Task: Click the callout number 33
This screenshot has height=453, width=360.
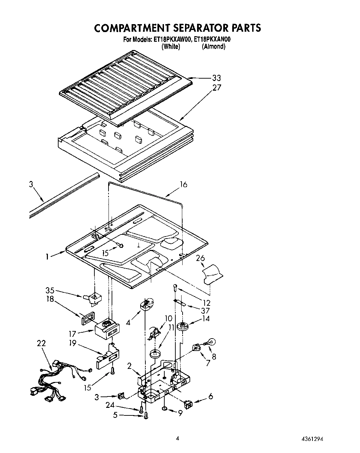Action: (216, 78)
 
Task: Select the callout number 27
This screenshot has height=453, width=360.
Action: (216, 88)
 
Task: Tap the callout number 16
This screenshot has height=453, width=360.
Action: (184, 185)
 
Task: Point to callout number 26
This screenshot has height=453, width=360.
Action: (200, 258)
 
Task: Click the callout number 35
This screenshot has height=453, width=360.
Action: (50, 290)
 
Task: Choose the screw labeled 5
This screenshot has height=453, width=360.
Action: (146, 415)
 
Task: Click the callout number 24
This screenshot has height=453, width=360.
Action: (110, 405)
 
